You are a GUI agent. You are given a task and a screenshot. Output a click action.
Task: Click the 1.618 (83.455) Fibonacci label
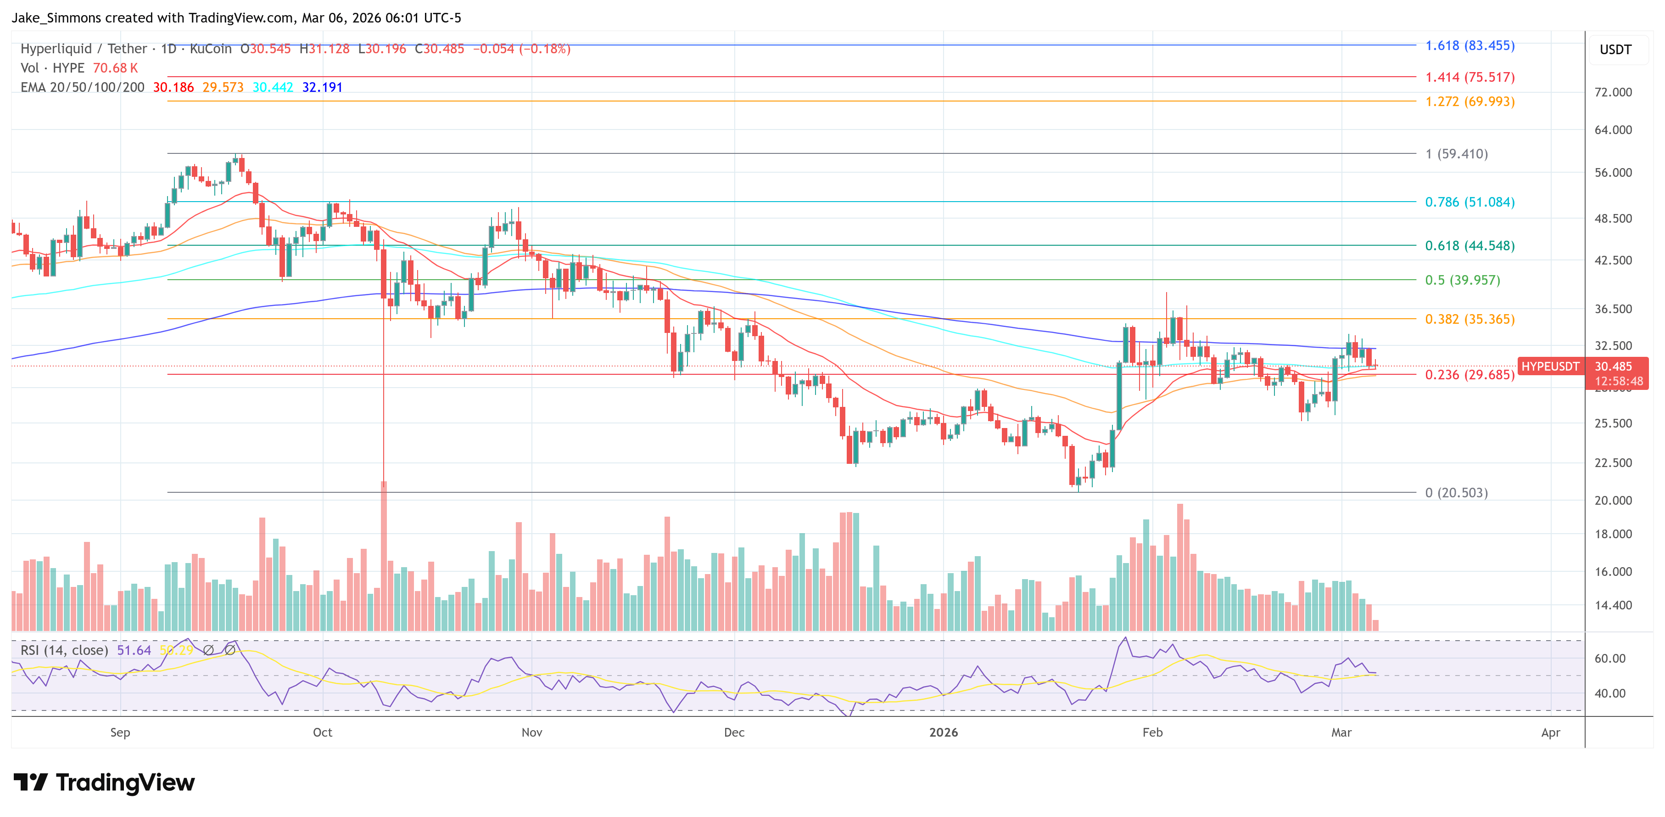click(x=1469, y=46)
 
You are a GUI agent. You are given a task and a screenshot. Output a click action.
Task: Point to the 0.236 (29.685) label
click(x=1469, y=375)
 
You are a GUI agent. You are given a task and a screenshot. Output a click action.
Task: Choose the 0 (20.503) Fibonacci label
click(x=1456, y=493)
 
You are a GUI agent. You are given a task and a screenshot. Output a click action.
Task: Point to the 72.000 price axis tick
click(x=1613, y=92)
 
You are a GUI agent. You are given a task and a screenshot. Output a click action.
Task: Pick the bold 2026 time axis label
click(x=943, y=732)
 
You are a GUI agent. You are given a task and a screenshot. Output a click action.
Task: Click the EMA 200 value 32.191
click(x=322, y=87)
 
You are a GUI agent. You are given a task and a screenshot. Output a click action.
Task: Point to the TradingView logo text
click(x=125, y=783)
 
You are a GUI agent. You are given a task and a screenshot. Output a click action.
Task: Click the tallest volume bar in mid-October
click(x=384, y=556)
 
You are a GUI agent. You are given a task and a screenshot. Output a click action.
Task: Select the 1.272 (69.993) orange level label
click(x=1469, y=101)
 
